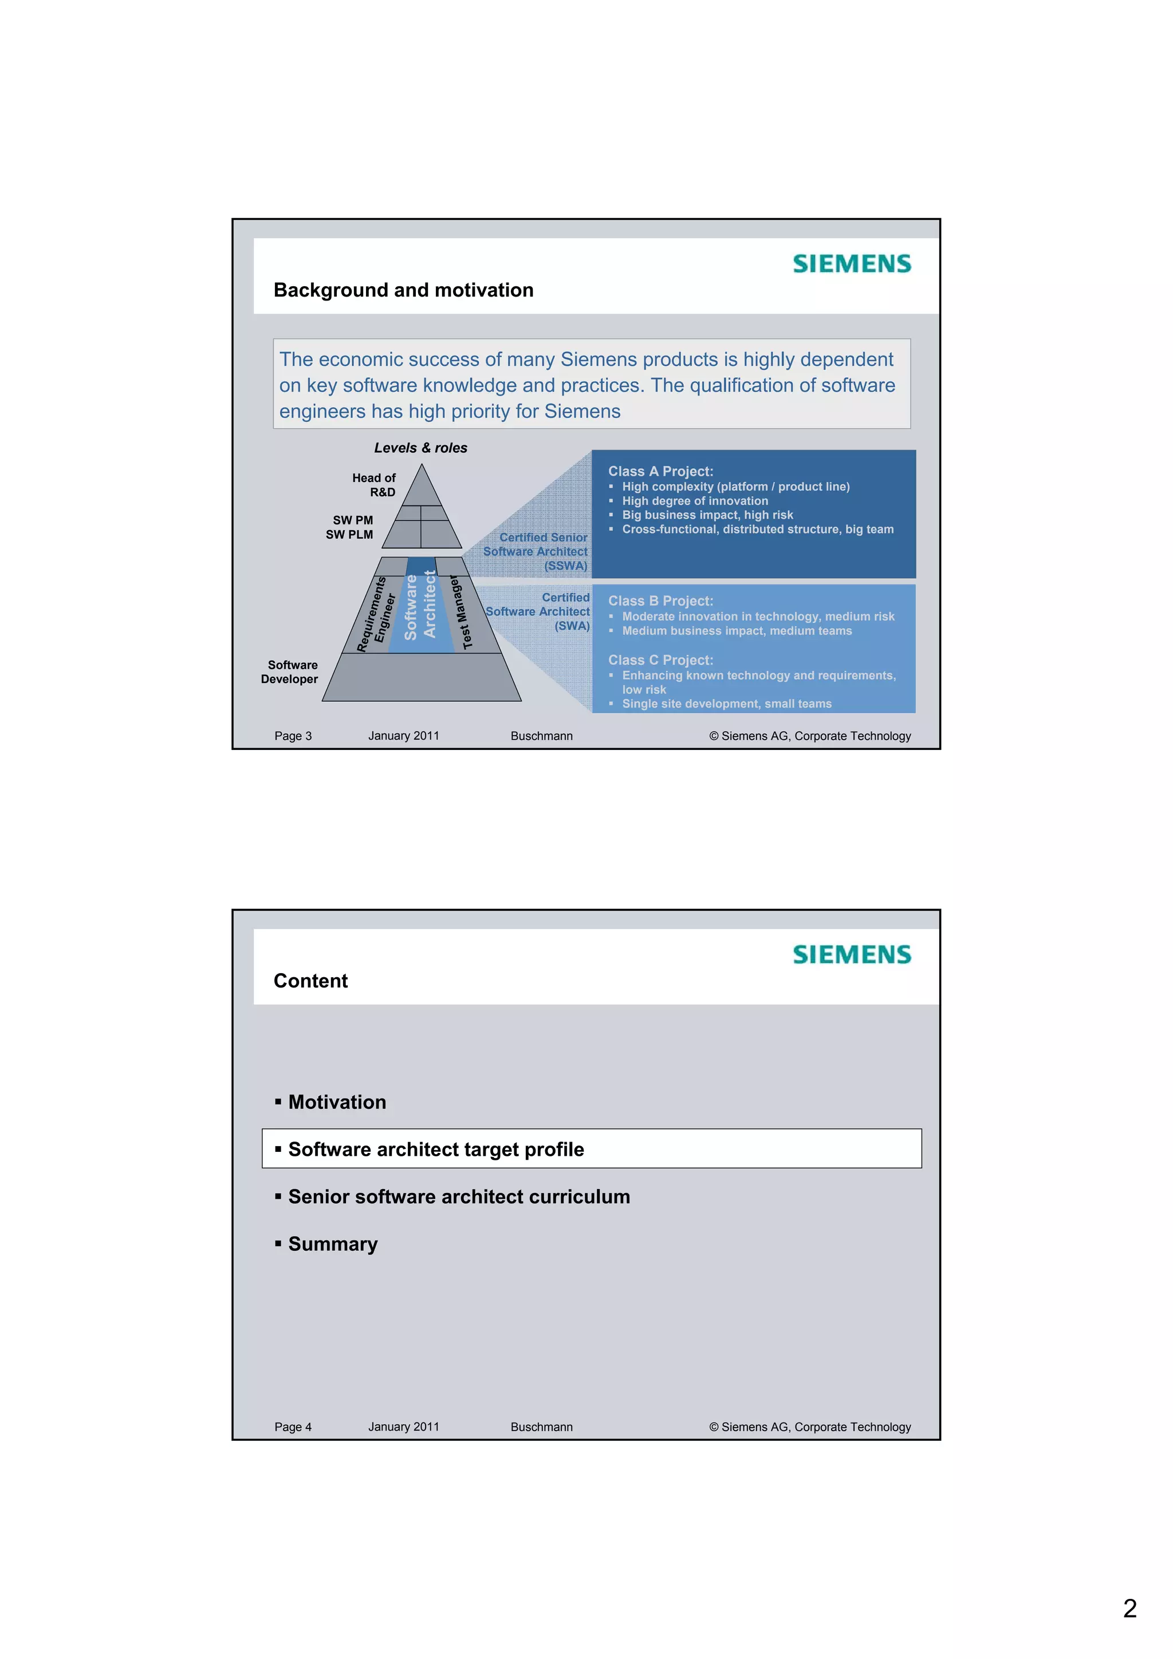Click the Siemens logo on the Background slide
point(851,264)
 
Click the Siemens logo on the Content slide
point(851,954)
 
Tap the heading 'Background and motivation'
point(403,290)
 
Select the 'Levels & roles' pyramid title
point(420,448)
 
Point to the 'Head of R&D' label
point(375,485)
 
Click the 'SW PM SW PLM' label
point(351,527)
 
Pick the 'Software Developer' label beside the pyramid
point(290,672)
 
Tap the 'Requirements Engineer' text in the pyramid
point(376,614)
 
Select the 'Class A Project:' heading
point(660,471)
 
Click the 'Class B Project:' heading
point(660,601)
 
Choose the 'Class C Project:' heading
point(660,661)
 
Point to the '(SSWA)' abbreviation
point(566,566)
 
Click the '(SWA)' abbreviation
point(572,626)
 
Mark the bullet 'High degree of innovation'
point(695,501)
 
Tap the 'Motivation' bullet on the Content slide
point(337,1102)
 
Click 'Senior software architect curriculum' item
point(459,1196)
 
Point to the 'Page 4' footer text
point(293,1427)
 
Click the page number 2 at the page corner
point(1129,1609)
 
